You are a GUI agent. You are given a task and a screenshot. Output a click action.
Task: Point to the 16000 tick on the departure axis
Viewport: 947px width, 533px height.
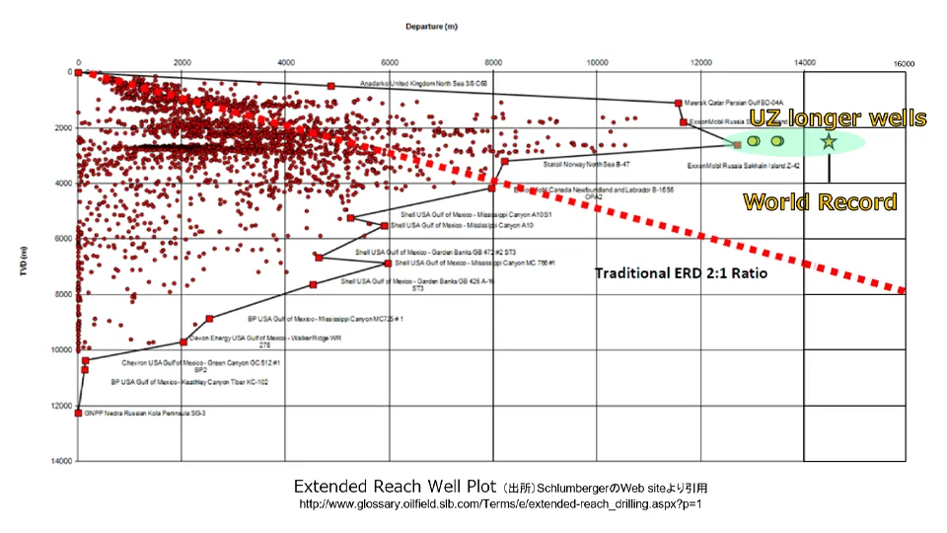click(x=905, y=63)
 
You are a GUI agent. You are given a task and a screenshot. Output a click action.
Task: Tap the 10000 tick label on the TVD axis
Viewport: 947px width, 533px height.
click(x=60, y=350)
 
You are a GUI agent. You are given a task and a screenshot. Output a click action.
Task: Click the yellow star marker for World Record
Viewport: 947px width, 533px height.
click(x=829, y=142)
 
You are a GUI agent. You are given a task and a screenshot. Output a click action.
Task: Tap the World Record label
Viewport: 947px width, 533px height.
click(x=820, y=202)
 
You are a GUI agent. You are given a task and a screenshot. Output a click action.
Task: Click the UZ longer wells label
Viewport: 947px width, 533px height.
click(x=838, y=119)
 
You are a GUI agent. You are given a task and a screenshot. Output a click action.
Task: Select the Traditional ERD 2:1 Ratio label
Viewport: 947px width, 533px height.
click(x=681, y=272)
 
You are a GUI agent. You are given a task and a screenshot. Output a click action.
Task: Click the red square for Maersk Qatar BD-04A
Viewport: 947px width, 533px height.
click(x=678, y=103)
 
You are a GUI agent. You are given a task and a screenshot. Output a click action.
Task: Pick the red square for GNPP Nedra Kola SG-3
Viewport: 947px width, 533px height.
click(x=79, y=413)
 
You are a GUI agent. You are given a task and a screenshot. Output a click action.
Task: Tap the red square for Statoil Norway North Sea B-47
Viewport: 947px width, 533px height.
click(x=504, y=162)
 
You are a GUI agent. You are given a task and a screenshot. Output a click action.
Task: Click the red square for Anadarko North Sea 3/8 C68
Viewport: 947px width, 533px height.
click(x=330, y=87)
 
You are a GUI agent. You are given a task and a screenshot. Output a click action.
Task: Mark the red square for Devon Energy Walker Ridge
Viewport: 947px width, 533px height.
click(x=183, y=342)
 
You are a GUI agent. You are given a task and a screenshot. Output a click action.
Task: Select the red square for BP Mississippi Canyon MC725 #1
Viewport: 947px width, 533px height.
click(x=209, y=319)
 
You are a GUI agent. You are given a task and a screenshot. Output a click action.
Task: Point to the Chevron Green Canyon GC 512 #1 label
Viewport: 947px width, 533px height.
click(x=201, y=362)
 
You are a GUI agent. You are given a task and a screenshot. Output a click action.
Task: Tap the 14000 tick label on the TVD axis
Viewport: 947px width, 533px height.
click(x=60, y=461)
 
